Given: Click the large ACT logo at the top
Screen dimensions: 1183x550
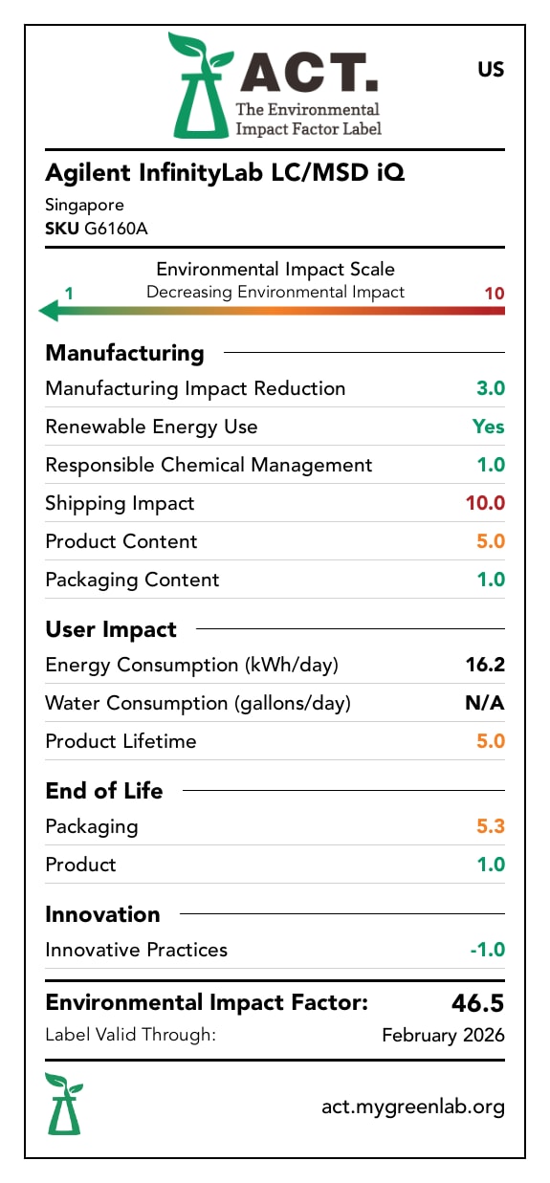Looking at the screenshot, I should pos(275,84).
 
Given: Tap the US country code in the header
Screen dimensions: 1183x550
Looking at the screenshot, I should pos(490,70).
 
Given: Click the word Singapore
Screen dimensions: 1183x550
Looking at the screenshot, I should pos(84,205).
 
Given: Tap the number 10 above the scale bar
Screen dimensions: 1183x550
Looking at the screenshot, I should pos(494,293).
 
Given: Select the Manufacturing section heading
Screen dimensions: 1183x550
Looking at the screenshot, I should pos(124,353).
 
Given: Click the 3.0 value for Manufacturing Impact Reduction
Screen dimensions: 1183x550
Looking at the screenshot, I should pos(490,388).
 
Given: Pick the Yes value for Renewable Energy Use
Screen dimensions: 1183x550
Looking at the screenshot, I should pos(488,427).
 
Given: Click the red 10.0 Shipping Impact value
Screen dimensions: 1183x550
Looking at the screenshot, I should pos(485,503).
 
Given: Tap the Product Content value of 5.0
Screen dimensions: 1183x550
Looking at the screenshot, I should pos(490,541).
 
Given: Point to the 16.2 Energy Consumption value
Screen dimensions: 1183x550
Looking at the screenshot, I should pos(487,665).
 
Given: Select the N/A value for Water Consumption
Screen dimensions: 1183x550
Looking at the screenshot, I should pos(485,703).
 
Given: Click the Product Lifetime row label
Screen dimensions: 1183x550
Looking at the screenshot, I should pos(121,741).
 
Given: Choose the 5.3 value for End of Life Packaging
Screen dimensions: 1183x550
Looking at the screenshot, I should pos(490,826).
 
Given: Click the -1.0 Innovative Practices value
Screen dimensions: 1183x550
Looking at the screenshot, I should pos(486,950).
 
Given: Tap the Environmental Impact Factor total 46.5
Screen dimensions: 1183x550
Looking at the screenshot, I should pos(477,1003).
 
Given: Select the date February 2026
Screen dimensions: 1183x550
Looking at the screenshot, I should pos(443,1035).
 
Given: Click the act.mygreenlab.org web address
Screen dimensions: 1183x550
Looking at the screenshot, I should pos(412,1106).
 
